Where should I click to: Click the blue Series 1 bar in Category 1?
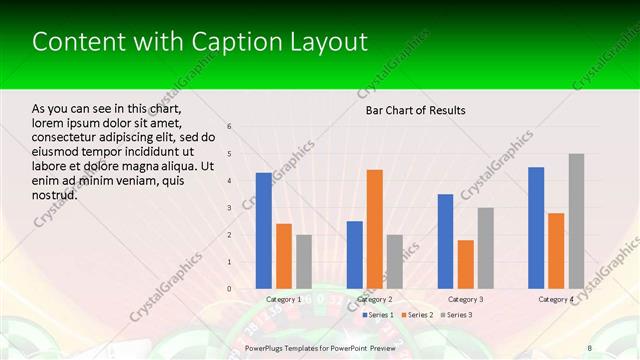pos(264,231)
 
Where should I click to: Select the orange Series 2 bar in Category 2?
pos(375,229)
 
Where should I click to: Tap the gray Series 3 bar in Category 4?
pos(576,221)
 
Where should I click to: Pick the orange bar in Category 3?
pos(465,264)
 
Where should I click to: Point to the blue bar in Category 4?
pos(536,228)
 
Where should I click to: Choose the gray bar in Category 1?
pos(304,262)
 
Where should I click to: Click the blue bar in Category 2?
pos(355,255)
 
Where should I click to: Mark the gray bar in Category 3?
pos(485,248)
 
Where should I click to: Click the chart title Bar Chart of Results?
pos(415,110)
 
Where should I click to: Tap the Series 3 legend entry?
pos(456,315)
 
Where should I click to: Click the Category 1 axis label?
pos(284,299)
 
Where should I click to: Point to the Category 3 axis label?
pos(465,299)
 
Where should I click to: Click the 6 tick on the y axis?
pos(229,127)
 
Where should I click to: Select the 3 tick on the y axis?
pos(229,208)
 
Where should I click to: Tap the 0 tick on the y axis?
pos(229,289)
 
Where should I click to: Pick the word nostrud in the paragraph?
pos(54,194)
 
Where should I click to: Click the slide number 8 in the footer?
pos(589,347)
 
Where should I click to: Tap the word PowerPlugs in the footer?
pos(267,347)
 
